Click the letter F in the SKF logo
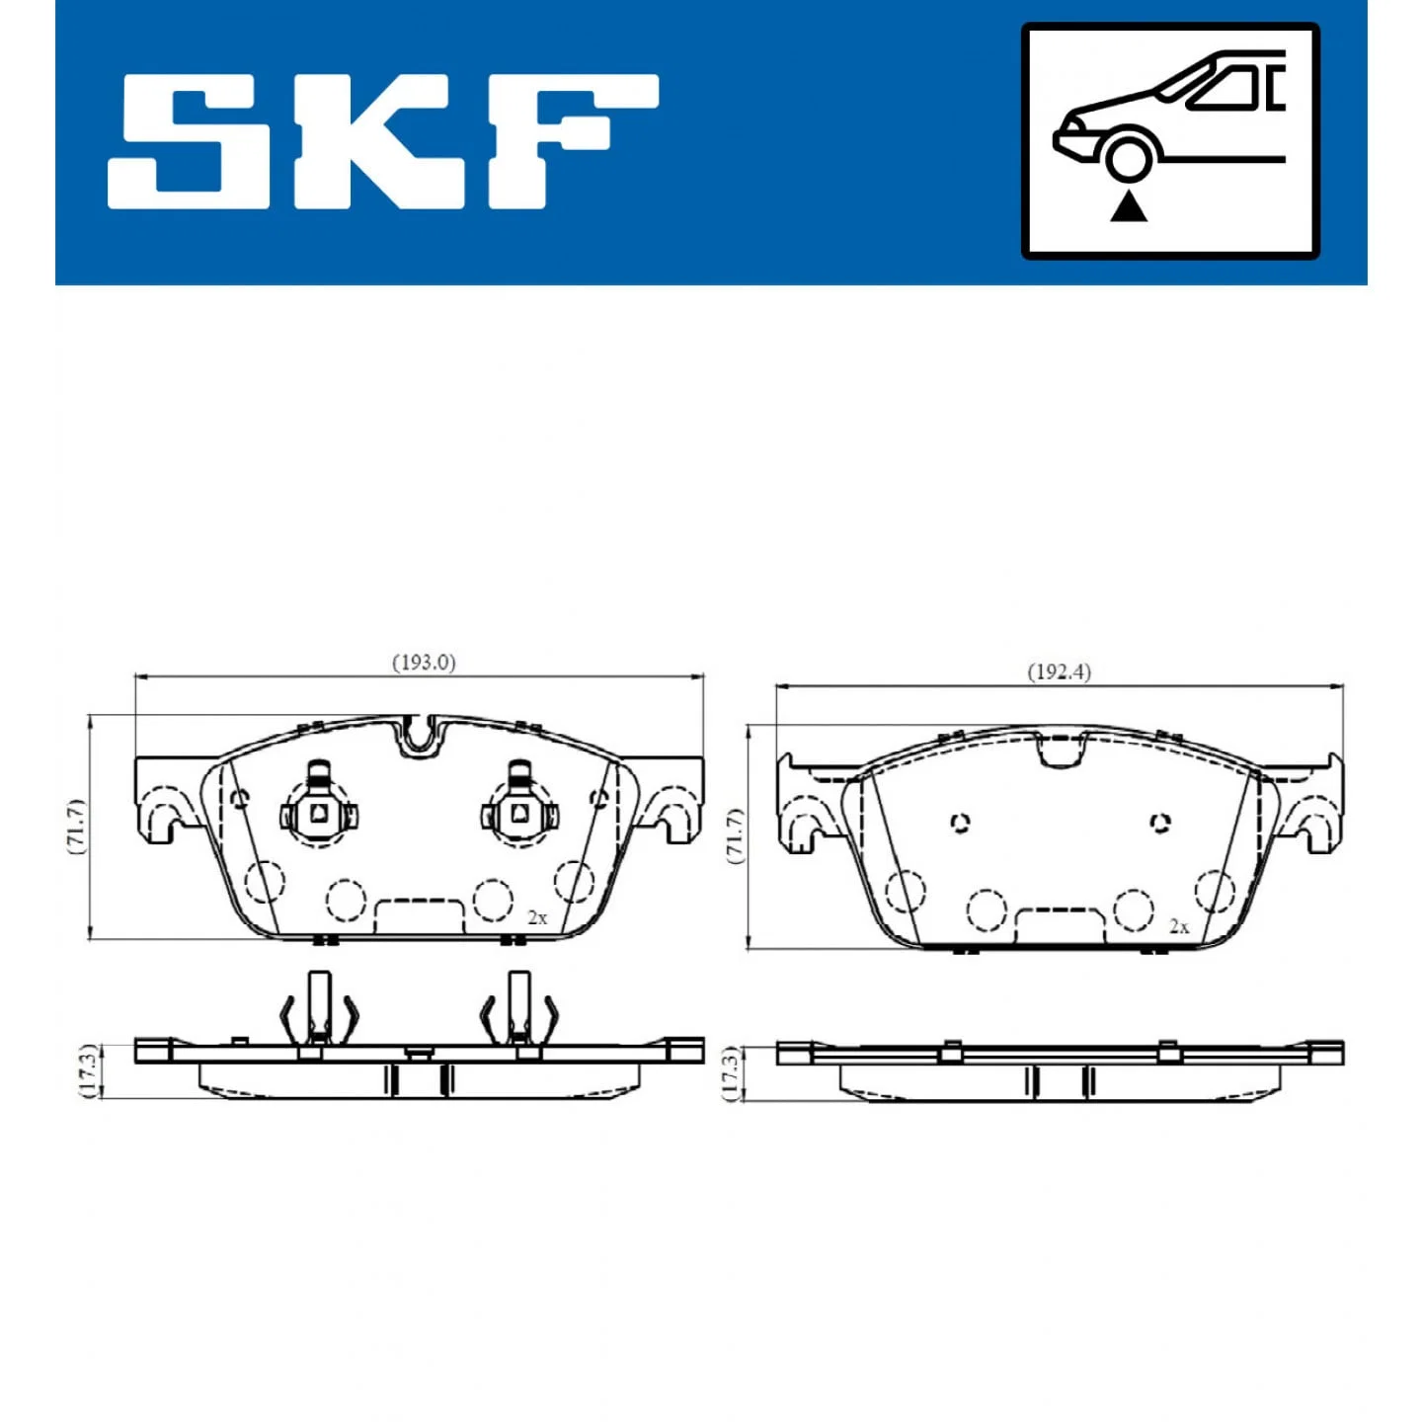(x=570, y=140)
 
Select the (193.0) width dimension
(x=424, y=663)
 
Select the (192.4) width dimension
(x=1059, y=672)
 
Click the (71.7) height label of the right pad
(x=735, y=836)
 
